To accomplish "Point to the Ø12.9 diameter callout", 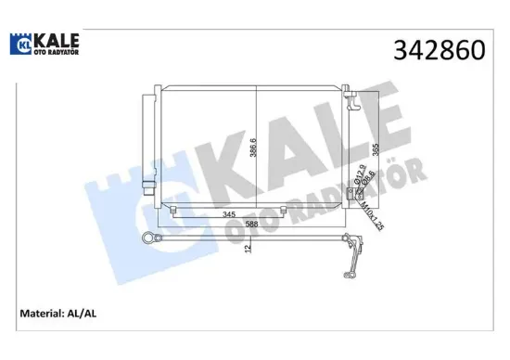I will click(x=358, y=174).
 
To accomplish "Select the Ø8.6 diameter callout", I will click(x=370, y=175).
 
